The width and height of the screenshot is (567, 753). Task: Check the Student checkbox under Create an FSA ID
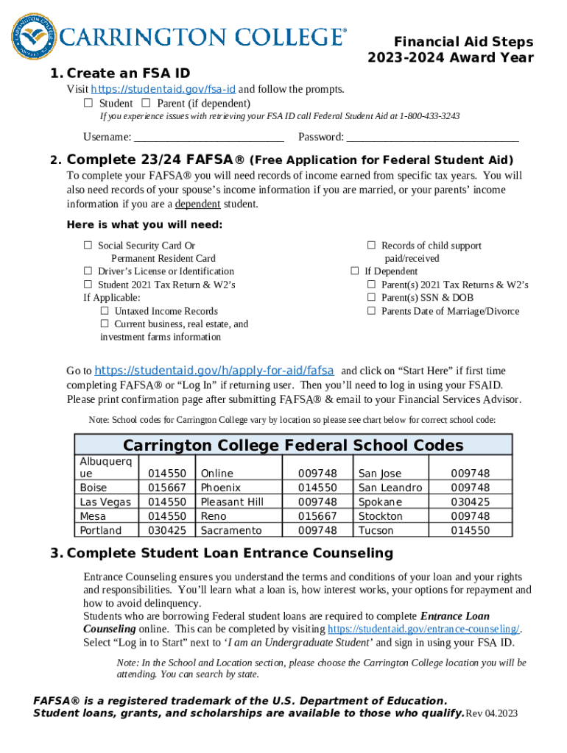tap(88, 103)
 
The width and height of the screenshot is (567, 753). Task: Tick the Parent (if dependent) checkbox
tap(146, 103)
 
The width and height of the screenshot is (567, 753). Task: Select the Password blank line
tap(432, 137)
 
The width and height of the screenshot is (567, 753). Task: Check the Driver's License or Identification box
tap(88, 271)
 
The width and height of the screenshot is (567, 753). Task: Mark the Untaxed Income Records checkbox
tap(105, 311)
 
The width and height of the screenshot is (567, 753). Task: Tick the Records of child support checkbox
tap(372, 246)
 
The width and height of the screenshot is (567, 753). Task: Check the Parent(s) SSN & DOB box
tap(372, 298)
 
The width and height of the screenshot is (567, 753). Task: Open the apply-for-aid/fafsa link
tap(214, 370)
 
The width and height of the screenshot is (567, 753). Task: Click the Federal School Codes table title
tap(293, 445)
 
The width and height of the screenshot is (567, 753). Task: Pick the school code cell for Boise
tap(167, 488)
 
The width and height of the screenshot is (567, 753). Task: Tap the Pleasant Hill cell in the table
tap(232, 502)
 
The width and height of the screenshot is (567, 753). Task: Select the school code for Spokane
tap(471, 502)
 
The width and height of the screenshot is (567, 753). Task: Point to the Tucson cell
tap(376, 530)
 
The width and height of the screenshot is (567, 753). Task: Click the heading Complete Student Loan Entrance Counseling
tap(230, 553)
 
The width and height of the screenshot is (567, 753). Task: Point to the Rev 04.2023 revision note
tap(492, 714)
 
